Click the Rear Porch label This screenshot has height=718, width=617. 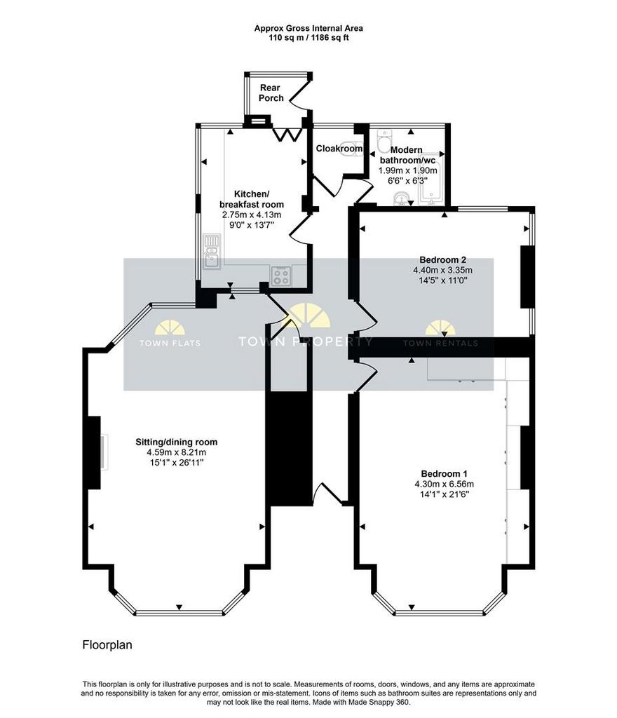pos(271,93)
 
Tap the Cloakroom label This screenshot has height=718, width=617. pos(339,149)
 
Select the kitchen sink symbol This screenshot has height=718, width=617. pos(212,252)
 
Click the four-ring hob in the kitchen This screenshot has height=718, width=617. pos(280,276)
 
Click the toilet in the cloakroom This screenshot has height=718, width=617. pos(354,148)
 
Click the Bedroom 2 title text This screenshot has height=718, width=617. pos(442,259)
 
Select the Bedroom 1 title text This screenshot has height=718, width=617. pos(444,473)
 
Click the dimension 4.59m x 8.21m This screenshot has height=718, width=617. pos(176,452)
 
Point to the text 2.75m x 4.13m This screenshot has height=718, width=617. pos(251,215)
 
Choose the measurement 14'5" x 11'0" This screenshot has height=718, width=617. pos(442,280)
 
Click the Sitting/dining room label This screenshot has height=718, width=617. pos(176,442)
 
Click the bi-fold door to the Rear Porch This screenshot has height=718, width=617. pos(287,135)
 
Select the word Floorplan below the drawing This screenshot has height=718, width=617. pos(107,645)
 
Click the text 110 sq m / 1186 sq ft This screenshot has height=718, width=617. pos(308,38)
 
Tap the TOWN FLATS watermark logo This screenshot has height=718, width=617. pos(170,333)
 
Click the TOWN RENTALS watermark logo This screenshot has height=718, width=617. pos(440,333)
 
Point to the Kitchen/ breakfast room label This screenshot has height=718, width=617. pos(252,199)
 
